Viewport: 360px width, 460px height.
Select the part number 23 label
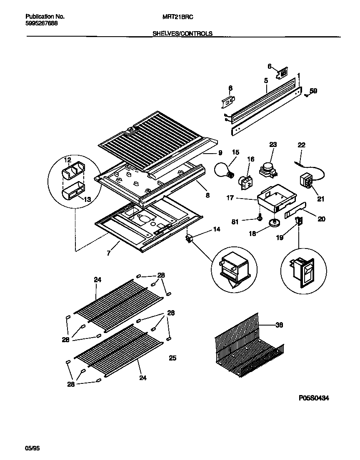pos(273,145)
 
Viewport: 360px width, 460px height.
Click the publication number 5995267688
pos(42,23)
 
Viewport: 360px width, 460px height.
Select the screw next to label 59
pos(306,95)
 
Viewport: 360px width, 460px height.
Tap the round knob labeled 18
pos(274,224)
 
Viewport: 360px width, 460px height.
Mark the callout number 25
pos(172,358)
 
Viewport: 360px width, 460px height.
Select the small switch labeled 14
pos(189,239)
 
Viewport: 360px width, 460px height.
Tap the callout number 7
pos(108,253)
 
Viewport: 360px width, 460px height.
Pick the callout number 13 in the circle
pos(87,199)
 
